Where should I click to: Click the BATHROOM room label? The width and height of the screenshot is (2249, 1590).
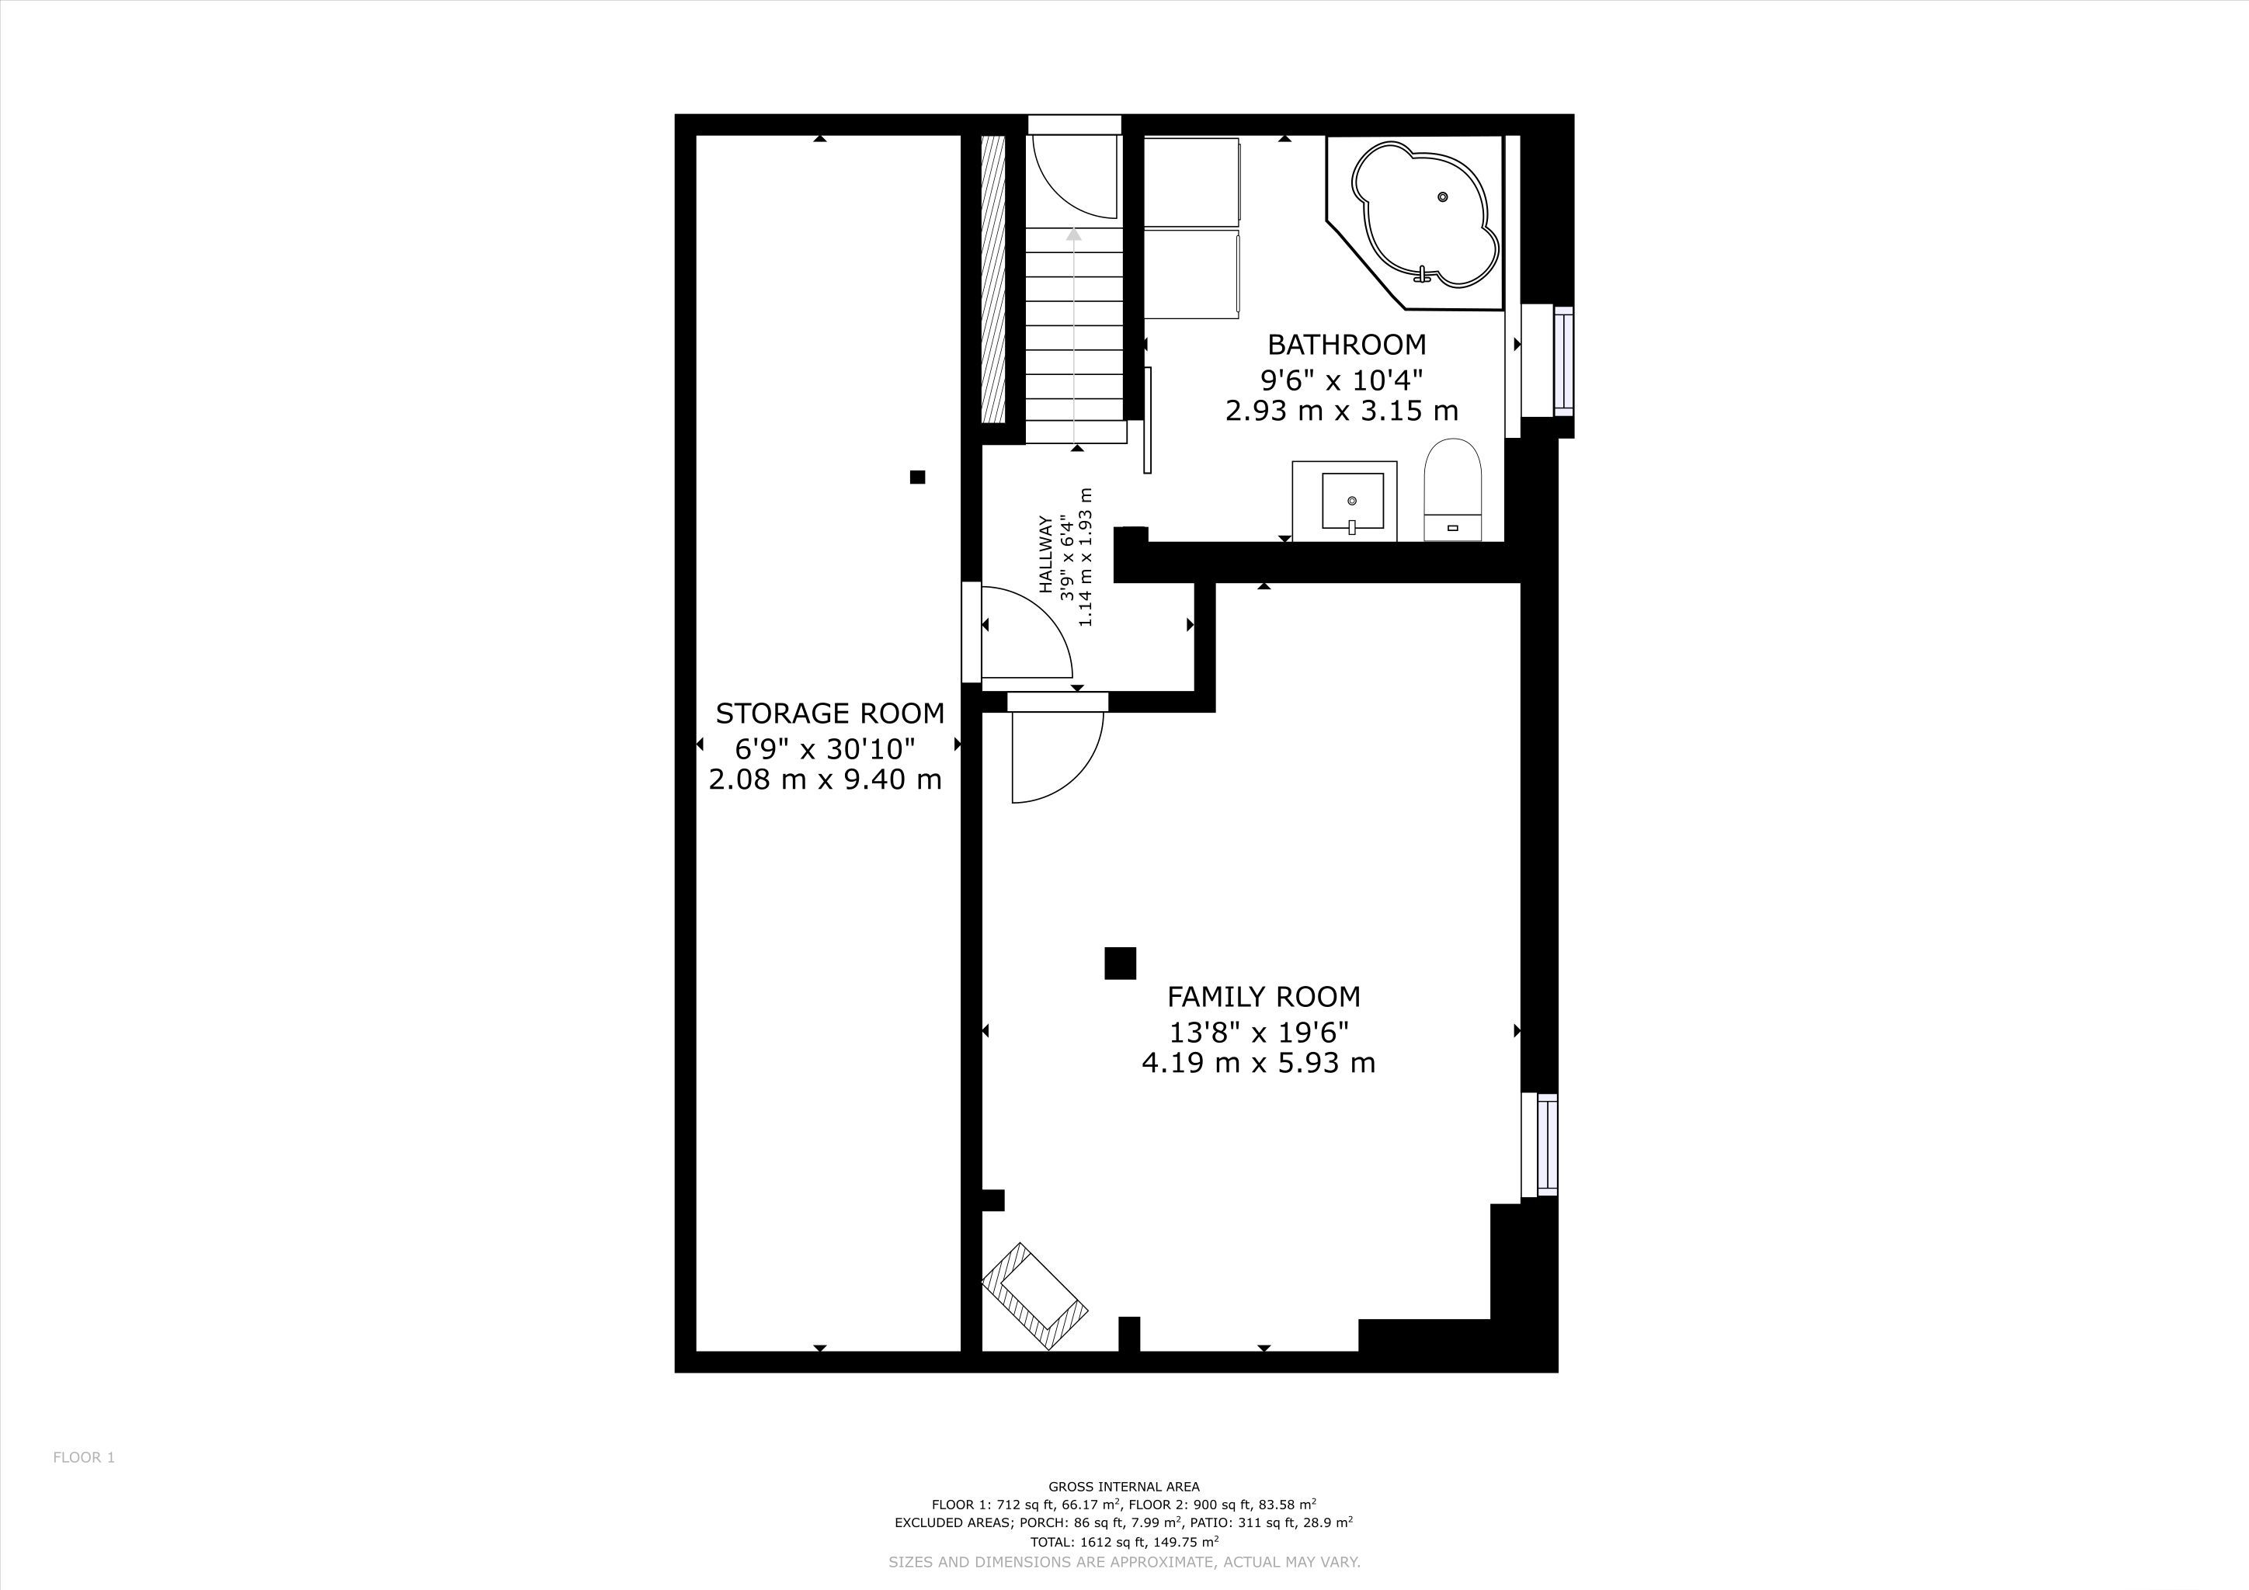[1346, 345]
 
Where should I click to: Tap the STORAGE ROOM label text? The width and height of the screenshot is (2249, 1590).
[829, 713]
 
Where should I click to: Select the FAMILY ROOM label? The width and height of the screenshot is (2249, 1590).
[1264, 997]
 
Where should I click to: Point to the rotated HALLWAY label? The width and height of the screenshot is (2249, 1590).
[1046, 554]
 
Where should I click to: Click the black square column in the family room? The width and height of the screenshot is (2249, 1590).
[1120, 963]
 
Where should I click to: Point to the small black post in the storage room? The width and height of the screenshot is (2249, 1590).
[917, 477]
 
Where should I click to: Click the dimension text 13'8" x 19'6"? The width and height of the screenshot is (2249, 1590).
[1260, 1032]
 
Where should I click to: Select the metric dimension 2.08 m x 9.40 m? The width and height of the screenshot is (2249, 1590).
[825, 779]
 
